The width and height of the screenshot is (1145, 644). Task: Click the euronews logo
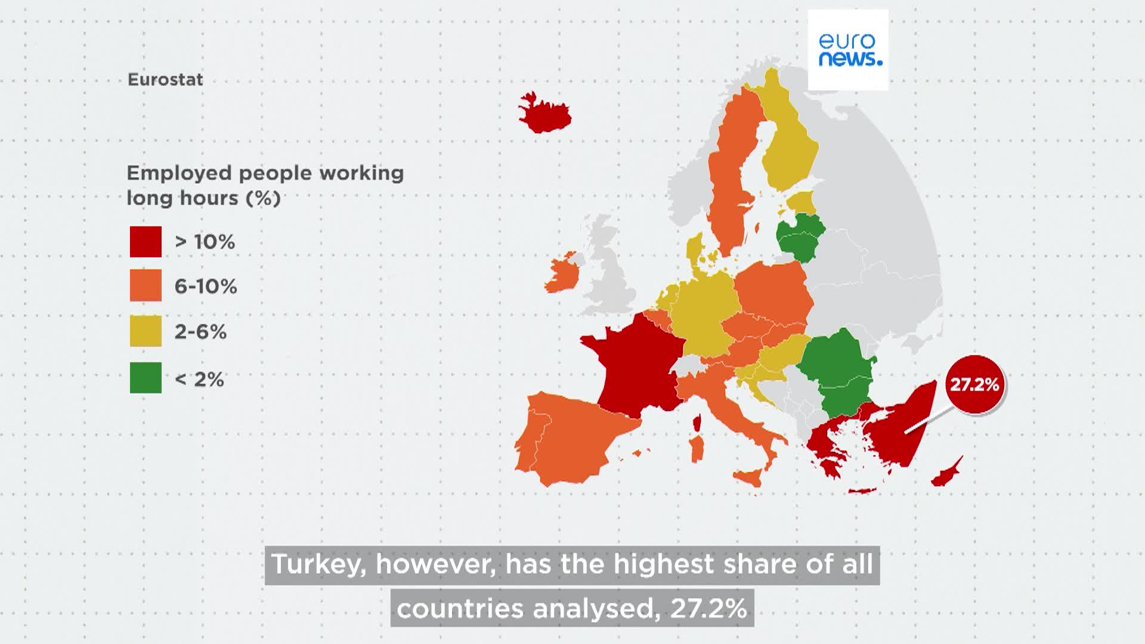(848, 50)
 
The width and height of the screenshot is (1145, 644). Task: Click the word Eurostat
(165, 80)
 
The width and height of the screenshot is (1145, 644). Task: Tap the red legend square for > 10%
(146, 241)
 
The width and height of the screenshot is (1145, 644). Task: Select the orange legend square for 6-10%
(146, 286)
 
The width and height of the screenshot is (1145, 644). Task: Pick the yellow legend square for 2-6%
(146, 331)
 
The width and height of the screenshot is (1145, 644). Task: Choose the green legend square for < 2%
(146, 378)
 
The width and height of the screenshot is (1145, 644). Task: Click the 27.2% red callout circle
(974, 385)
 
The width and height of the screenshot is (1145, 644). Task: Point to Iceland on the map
(544, 113)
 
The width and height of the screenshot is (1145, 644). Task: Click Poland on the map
(772, 292)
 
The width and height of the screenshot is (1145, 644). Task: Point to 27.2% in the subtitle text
(708, 608)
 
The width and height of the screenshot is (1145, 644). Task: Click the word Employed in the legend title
(178, 174)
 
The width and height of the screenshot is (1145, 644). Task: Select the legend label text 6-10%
(205, 287)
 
